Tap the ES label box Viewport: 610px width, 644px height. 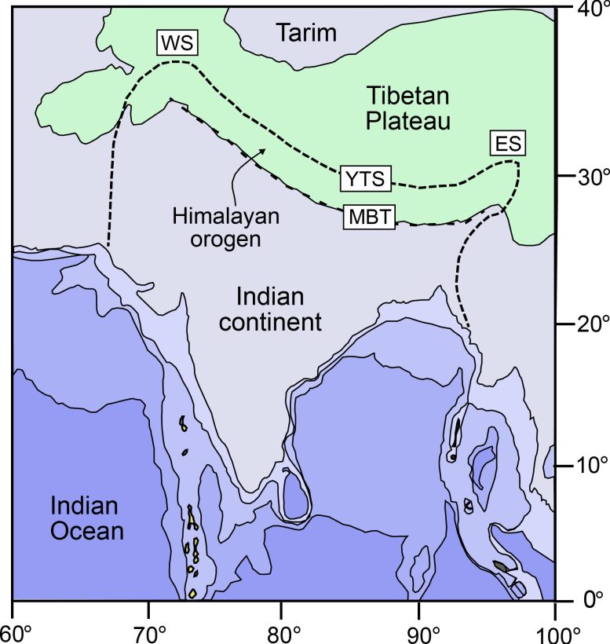coord(506,144)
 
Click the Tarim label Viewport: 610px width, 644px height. coord(306,33)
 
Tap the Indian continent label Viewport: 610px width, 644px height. coord(279,309)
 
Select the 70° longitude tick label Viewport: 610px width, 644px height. coord(149,630)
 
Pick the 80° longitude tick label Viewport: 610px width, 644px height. coord(283,630)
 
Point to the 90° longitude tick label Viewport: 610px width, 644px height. coord(419,630)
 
